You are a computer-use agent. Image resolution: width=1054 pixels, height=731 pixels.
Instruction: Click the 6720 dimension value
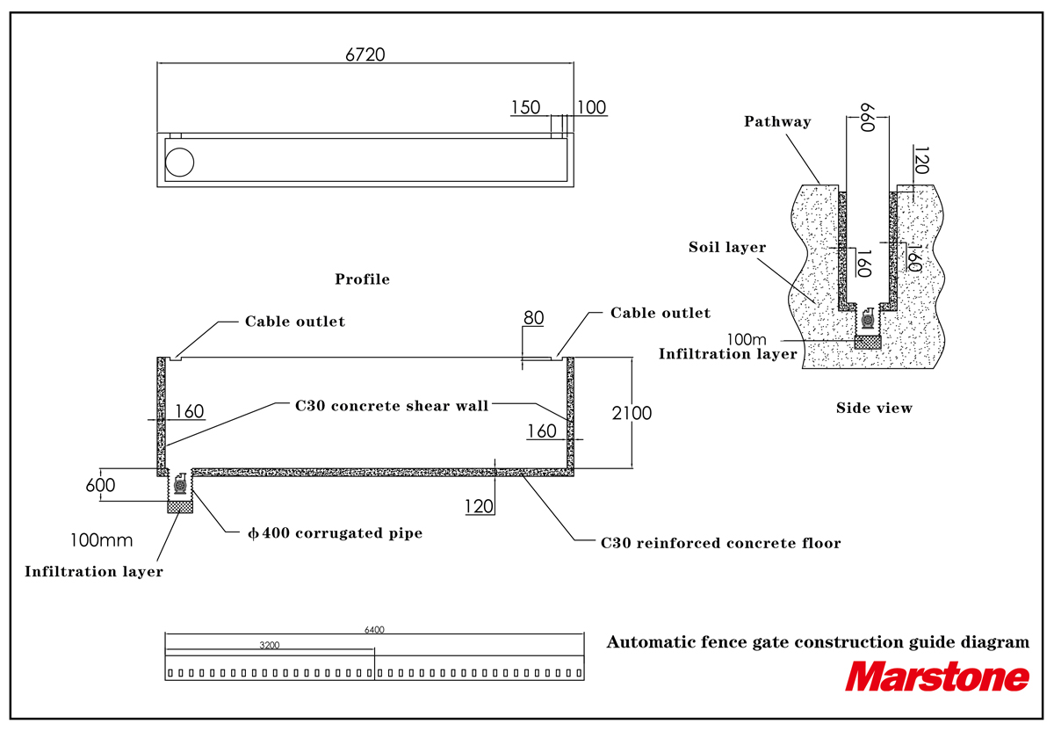pos(365,54)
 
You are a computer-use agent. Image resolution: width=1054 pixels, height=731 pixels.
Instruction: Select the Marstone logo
pos(937,677)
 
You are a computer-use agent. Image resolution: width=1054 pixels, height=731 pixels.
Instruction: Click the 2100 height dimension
pos(632,413)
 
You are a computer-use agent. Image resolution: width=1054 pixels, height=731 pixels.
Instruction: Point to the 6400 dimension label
pos(374,630)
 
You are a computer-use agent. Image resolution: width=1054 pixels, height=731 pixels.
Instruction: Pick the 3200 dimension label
pos(270,645)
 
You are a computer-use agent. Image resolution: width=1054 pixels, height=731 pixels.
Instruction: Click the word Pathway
pos(777,122)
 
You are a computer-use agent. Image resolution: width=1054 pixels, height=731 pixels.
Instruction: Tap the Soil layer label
pos(727,247)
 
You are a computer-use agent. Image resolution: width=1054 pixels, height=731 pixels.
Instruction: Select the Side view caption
pos(874,408)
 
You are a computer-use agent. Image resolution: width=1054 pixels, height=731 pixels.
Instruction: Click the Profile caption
pos(362,279)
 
